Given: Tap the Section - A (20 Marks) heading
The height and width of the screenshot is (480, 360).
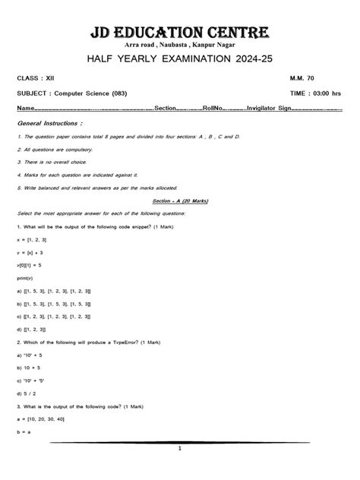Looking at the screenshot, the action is point(179,201).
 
